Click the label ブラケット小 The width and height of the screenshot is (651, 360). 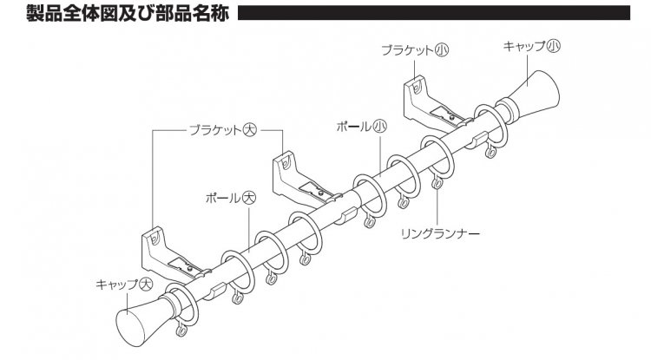pos(413,50)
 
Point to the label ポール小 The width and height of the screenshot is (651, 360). pos(359,127)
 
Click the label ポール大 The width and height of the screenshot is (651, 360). pos(227,197)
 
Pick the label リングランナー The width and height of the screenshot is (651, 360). pos(440,232)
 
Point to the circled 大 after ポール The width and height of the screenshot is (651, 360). pos(249,197)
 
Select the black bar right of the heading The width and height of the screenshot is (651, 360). pos(442,15)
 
